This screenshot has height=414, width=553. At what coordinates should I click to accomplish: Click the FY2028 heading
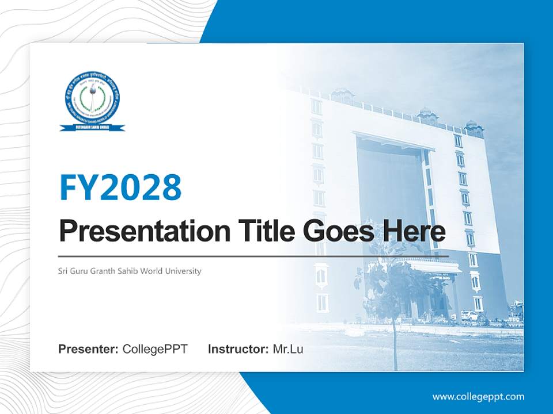coord(120,187)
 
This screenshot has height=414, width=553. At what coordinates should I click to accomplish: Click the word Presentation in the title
coord(137,231)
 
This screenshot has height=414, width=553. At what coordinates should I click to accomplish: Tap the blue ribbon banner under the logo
coord(92,127)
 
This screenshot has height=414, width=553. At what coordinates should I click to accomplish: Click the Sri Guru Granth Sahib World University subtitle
coord(130,271)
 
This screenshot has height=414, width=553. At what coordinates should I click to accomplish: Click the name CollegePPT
coord(155,349)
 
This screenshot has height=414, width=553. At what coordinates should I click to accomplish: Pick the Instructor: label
coord(238,349)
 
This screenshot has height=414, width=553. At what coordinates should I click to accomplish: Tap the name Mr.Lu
coord(287,349)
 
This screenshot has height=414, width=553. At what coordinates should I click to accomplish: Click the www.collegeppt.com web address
coord(478,396)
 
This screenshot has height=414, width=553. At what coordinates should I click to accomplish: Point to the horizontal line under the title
coord(253,256)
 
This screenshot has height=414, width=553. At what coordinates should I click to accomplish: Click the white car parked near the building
coord(469,316)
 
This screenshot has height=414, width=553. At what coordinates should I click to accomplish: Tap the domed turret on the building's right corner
coord(474,128)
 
